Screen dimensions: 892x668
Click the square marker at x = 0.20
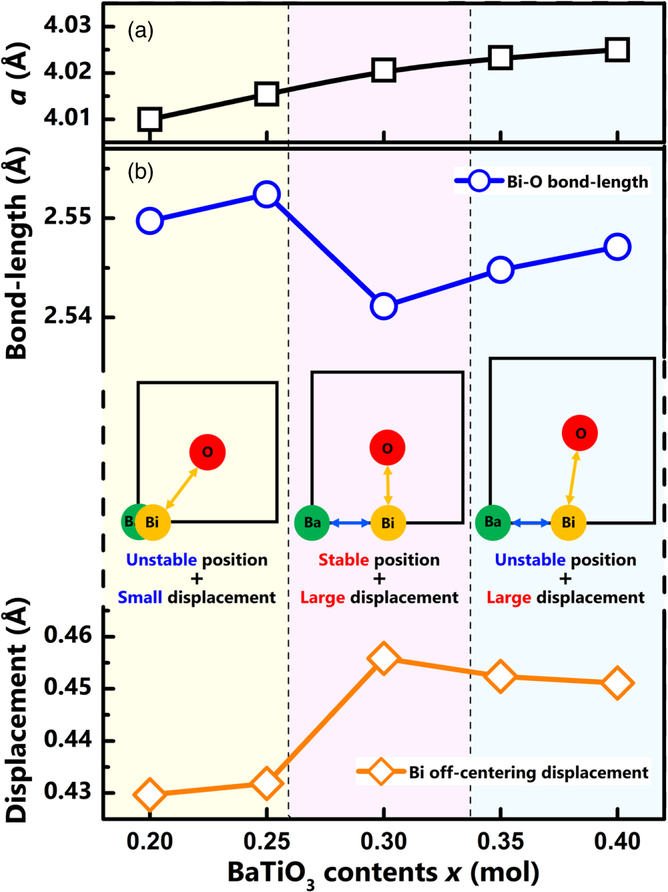tap(150, 120)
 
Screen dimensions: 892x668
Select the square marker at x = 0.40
tap(617, 49)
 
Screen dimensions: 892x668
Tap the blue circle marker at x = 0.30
tap(383, 306)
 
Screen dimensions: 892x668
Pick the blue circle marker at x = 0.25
tap(267, 194)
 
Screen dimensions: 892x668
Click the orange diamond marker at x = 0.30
tap(383, 658)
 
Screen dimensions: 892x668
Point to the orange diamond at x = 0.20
tap(150, 795)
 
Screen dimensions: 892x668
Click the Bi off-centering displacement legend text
tap(528, 772)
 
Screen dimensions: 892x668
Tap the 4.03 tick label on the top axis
tap(67, 26)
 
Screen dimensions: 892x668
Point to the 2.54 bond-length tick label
tap(67, 316)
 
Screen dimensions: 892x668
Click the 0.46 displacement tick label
tap(67, 635)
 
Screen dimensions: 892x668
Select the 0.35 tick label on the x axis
tap(500, 842)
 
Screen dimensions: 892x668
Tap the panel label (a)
tap(141, 31)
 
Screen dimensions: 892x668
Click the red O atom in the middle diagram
tap(387, 448)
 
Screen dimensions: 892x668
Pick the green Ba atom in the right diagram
tap(493, 522)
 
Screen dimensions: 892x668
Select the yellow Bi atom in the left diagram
tap(153, 522)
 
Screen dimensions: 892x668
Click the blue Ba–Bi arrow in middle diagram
tap(350, 523)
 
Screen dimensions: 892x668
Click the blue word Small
tap(140, 597)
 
